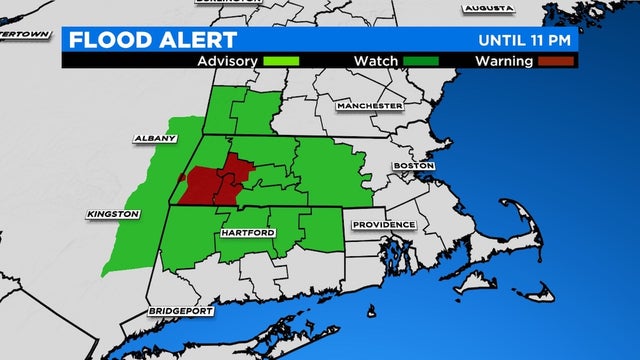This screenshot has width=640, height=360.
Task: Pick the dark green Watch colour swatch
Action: [x=416, y=61]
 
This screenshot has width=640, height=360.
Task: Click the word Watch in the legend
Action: [x=375, y=61]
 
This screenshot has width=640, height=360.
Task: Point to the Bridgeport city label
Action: [x=182, y=311]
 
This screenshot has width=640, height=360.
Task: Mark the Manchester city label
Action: [x=368, y=105]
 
